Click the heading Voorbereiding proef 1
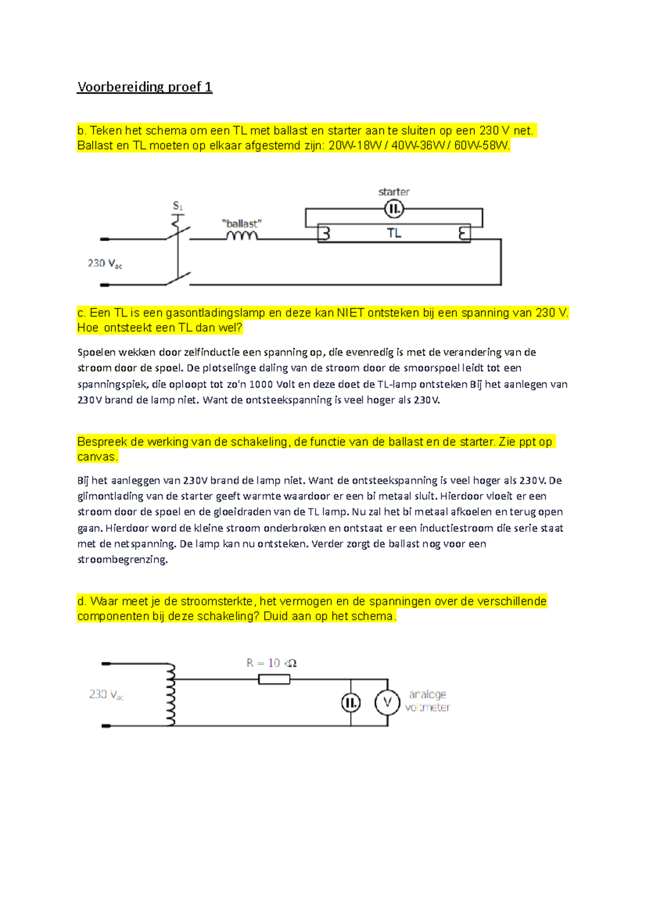tap(144, 87)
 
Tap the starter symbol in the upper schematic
tap(394, 209)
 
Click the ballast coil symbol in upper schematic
tap(242, 236)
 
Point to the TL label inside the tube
tap(394, 233)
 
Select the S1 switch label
tap(178, 206)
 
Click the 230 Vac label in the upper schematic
tap(105, 264)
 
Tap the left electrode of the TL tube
tap(325, 234)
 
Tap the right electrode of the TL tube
tap(463, 234)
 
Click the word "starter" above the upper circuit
tap(394, 192)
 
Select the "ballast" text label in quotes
tap(242, 223)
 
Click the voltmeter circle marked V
tap(387, 702)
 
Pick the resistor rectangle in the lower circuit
tap(274, 679)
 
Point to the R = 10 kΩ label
tap(271, 663)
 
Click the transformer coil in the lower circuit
tap(171, 694)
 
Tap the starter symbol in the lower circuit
tap(350, 702)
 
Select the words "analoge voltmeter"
tap(427, 701)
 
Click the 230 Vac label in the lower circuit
tap(107, 695)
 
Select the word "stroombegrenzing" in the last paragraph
tap(122, 559)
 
